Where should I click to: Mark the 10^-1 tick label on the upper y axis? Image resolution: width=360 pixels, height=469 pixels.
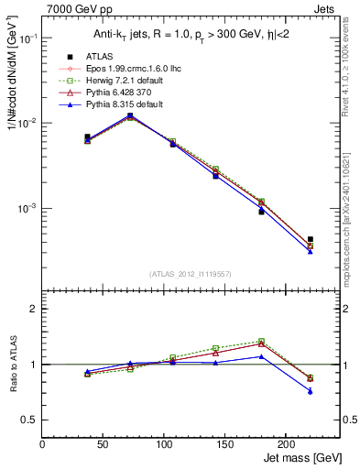pyautogui.click(x=28, y=38)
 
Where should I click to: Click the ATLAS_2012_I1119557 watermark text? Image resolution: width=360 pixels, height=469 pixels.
pyautogui.click(x=189, y=274)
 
